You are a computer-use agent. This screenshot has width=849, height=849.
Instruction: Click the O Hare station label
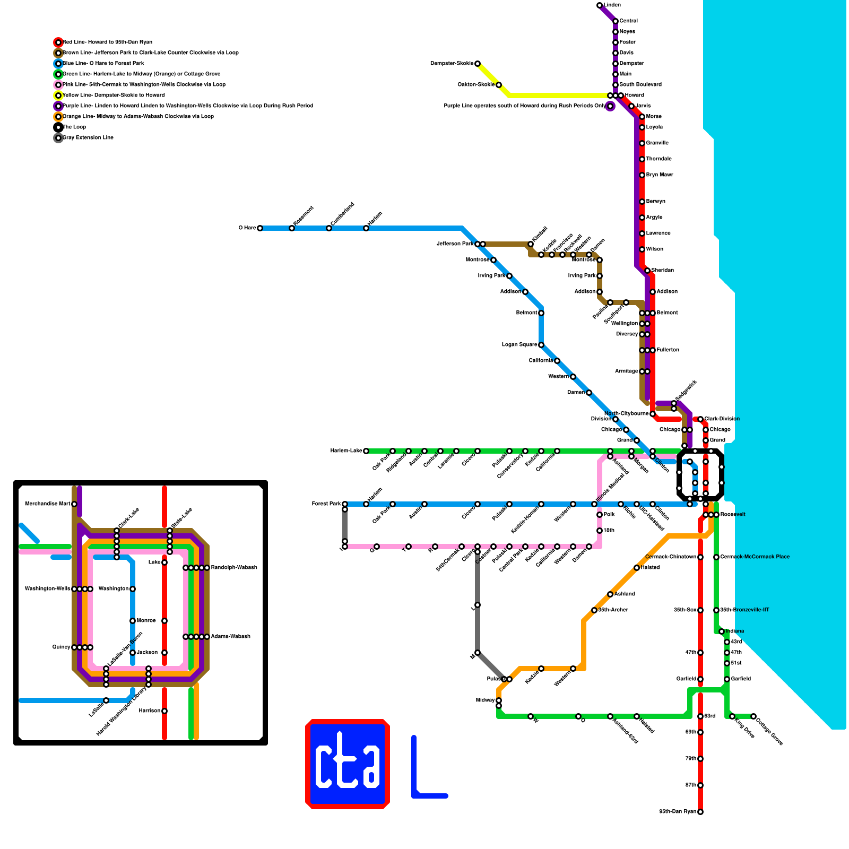[247, 228]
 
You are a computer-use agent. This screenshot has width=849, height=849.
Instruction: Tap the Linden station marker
[600, 5]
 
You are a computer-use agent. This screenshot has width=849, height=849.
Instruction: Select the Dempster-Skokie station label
[452, 64]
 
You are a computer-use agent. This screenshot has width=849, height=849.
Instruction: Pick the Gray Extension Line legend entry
[88, 138]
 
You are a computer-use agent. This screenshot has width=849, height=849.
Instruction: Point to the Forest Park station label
[326, 504]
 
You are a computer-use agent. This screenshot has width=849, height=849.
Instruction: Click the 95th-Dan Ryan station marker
[700, 812]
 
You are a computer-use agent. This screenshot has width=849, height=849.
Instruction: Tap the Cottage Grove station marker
[753, 716]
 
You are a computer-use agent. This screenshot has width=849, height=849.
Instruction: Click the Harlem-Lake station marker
[366, 451]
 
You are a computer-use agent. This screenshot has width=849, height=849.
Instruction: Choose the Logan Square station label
[519, 345]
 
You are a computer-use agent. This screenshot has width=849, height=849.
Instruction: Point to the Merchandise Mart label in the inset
[48, 504]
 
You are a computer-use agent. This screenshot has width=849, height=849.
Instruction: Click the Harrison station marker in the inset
[164, 711]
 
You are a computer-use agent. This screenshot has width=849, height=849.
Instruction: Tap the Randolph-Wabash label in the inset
[234, 568]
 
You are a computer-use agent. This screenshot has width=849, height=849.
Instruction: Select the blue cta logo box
[348, 764]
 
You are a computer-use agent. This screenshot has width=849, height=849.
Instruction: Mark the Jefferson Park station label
[455, 244]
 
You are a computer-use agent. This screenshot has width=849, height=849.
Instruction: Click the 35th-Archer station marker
[594, 610]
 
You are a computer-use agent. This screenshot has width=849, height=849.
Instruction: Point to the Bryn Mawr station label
[660, 175]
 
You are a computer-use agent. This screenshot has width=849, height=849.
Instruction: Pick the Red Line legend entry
[107, 42]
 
